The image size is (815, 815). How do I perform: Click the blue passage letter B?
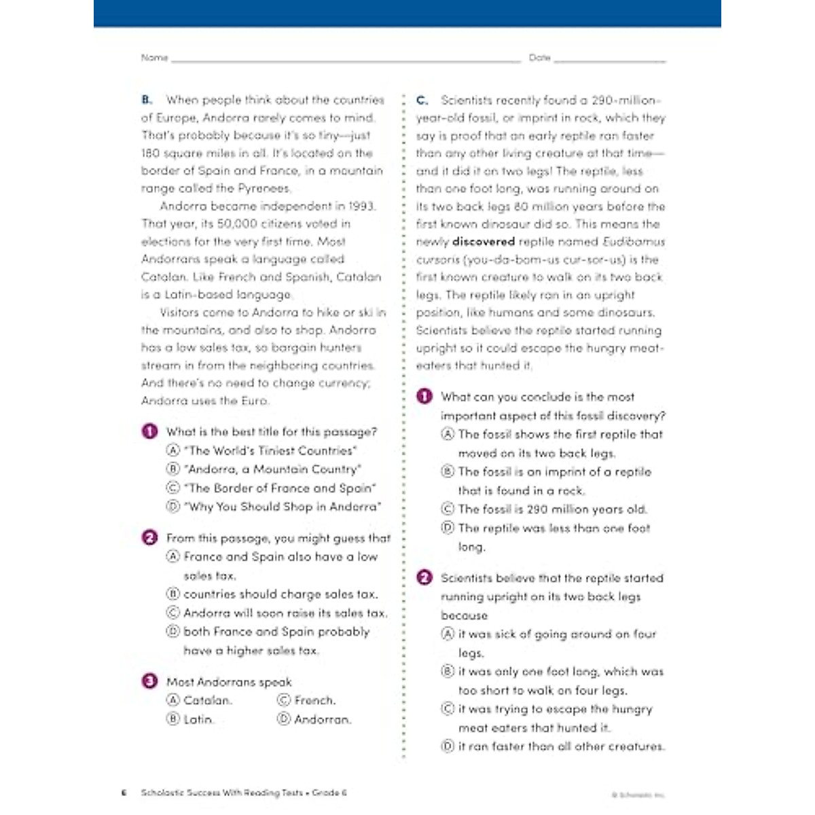tap(147, 100)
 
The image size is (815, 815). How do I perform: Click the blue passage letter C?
tap(422, 100)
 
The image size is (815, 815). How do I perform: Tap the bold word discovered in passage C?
tap(484, 242)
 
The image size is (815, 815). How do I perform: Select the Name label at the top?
tap(154, 58)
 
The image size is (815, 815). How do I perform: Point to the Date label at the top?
tap(540, 58)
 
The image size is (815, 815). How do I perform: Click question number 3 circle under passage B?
tap(149, 681)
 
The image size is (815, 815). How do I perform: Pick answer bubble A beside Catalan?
tap(173, 700)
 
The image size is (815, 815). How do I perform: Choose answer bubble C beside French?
tap(284, 700)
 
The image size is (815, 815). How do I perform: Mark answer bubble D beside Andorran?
tap(284, 719)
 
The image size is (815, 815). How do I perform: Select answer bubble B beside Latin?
tap(173, 719)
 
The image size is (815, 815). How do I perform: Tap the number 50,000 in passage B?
tap(237, 223)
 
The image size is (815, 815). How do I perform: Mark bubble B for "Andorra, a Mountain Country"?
tap(173, 469)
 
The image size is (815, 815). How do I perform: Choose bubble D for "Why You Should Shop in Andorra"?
tap(173, 507)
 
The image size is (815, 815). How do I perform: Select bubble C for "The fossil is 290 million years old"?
tap(448, 509)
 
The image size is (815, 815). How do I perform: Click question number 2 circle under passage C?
tap(424, 578)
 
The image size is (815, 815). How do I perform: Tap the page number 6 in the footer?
tap(124, 793)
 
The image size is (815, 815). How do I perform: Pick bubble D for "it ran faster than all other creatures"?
tap(448, 746)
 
